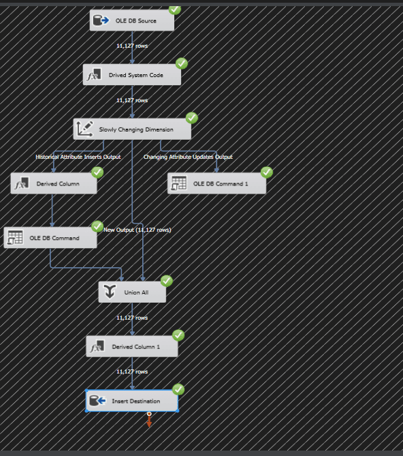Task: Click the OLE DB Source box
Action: click(x=132, y=20)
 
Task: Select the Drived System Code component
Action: click(x=132, y=75)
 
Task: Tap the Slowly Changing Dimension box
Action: click(x=132, y=129)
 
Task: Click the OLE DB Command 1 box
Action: click(x=216, y=183)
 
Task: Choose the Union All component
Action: click(x=132, y=292)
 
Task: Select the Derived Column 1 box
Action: click(x=132, y=346)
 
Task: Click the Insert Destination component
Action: click(x=132, y=401)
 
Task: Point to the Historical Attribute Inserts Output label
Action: click(x=78, y=157)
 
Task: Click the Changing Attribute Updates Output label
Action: click(x=188, y=157)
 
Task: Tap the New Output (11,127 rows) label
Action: click(x=138, y=230)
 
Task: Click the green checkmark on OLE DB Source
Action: click(x=175, y=10)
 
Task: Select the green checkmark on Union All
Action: click(x=167, y=281)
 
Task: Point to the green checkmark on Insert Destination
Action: click(x=178, y=389)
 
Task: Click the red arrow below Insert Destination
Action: click(x=149, y=421)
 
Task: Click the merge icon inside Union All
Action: click(x=110, y=292)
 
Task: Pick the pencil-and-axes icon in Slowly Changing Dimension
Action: click(x=84, y=129)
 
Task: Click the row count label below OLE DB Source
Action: click(x=132, y=46)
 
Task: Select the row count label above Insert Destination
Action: click(x=132, y=371)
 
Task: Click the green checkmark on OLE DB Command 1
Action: click(x=267, y=172)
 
